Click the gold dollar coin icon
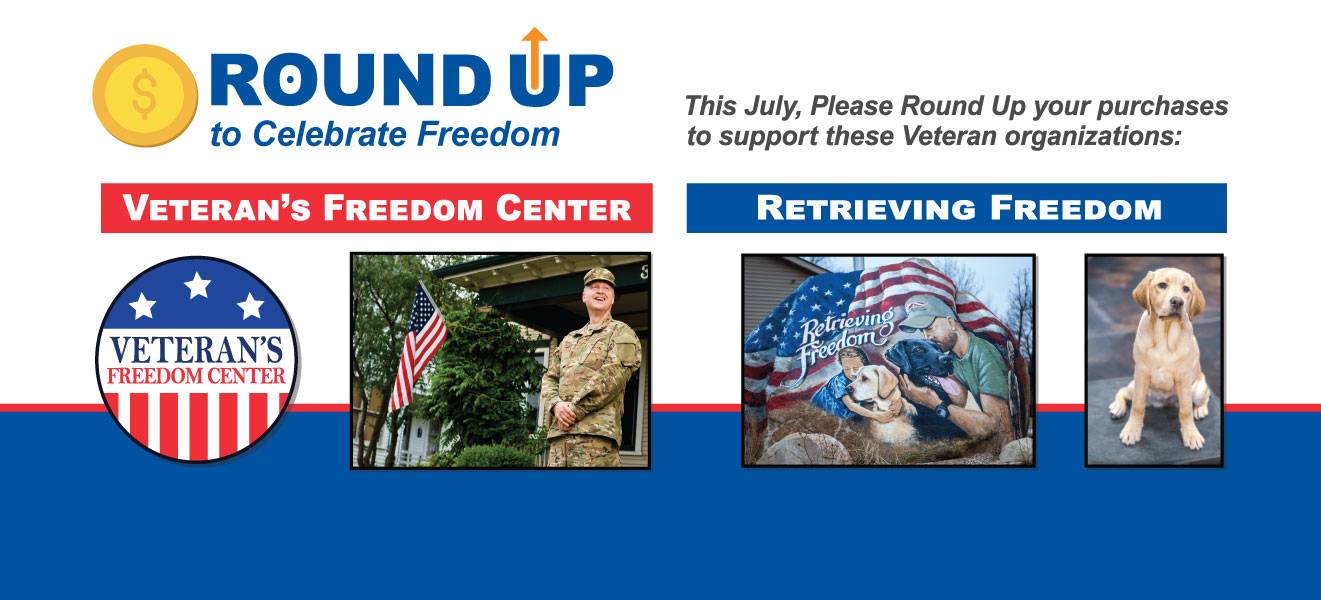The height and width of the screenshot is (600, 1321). click(145, 96)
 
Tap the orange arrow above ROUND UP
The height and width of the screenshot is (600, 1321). click(535, 58)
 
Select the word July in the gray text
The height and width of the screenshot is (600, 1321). click(771, 107)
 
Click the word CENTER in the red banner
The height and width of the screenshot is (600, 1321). click(564, 208)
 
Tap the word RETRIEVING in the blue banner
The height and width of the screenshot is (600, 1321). click(866, 208)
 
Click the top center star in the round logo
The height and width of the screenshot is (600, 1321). click(198, 285)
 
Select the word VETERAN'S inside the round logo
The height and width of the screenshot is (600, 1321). click(196, 350)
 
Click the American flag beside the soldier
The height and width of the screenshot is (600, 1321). click(419, 348)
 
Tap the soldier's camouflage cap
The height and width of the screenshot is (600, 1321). click(599, 277)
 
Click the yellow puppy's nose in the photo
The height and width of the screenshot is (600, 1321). click(1175, 304)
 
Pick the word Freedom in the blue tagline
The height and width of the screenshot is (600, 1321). click(488, 135)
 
